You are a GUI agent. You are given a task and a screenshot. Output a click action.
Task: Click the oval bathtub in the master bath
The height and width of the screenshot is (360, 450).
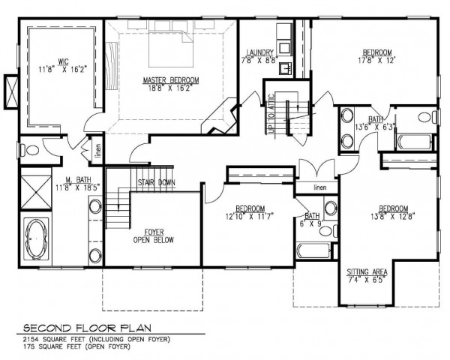[x=36, y=239]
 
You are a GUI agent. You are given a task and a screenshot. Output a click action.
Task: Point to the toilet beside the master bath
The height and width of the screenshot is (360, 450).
[x=30, y=150]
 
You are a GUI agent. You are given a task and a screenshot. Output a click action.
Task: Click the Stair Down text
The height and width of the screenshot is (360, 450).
[x=157, y=182]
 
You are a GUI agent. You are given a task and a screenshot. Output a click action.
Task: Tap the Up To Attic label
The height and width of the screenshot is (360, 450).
[x=271, y=114]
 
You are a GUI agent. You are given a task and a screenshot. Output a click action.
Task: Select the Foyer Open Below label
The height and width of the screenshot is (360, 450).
[x=154, y=236]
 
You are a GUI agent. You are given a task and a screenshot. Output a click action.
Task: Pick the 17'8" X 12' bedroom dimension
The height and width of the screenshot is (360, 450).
[x=377, y=60]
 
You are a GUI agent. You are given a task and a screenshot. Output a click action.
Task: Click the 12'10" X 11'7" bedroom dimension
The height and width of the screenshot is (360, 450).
[x=250, y=216]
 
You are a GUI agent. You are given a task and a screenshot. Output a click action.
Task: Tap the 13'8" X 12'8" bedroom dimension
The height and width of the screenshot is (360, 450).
[x=393, y=215]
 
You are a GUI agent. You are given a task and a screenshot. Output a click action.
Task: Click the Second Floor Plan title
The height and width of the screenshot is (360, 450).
[x=87, y=328]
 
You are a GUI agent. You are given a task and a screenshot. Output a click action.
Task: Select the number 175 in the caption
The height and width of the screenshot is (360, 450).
[x=29, y=346]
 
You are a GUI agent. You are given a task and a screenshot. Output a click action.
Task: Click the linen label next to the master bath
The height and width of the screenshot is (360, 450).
[x=98, y=151]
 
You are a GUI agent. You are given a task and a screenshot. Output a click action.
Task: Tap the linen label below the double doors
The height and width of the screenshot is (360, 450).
[x=320, y=187]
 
